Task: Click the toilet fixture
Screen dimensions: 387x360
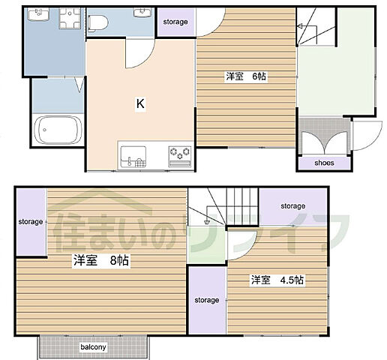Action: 98,23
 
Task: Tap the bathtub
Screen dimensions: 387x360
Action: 58,130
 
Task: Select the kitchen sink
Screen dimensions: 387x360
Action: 133,157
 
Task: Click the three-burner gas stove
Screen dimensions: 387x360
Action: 180,157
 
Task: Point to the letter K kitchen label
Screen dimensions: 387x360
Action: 140,103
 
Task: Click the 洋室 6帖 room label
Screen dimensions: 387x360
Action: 246,76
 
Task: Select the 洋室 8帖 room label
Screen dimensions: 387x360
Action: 101,261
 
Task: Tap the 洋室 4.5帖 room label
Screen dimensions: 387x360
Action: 277,280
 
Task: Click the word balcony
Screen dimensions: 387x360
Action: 93,347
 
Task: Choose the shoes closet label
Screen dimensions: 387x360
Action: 324,163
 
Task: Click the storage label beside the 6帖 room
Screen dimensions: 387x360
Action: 175,22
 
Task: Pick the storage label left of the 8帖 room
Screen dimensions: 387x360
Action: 31,222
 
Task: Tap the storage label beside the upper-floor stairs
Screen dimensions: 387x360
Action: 293,206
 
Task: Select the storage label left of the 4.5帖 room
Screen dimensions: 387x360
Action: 207,300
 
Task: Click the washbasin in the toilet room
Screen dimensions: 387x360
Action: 142,12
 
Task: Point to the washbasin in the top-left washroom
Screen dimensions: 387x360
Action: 38,14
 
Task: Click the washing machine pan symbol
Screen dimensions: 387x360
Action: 70,18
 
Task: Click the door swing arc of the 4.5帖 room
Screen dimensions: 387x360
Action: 248,250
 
